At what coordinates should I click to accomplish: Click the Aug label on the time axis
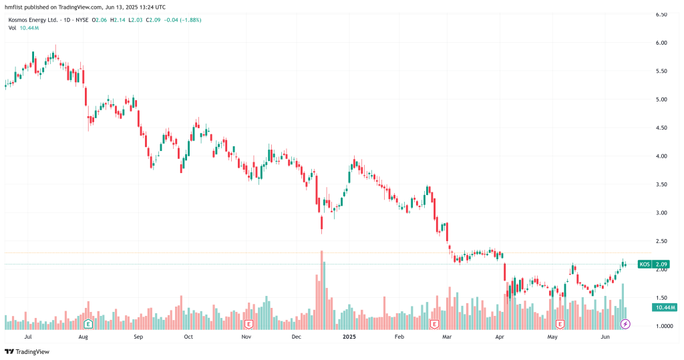pyautogui.click(x=83, y=338)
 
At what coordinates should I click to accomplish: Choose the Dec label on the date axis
pyautogui.click(x=297, y=338)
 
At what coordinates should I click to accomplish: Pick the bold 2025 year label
pyautogui.click(x=349, y=338)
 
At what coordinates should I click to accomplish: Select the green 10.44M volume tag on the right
pyautogui.click(x=663, y=307)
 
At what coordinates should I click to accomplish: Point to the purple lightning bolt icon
pyautogui.click(x=626, y=324)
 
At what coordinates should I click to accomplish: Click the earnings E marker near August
pyautogui.click(x=88, y=324)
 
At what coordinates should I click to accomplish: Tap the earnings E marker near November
pyautogui.click(x=248, y=324)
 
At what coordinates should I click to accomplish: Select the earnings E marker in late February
pyautogui.click(x=434, y=324)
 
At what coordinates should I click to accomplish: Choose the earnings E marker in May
pyautogui.click(x=560, y=324)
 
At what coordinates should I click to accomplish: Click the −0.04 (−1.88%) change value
pyautogui.click(x=182, y=20)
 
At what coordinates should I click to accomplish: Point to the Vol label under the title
pyautogui.click(x=13, y=28)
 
